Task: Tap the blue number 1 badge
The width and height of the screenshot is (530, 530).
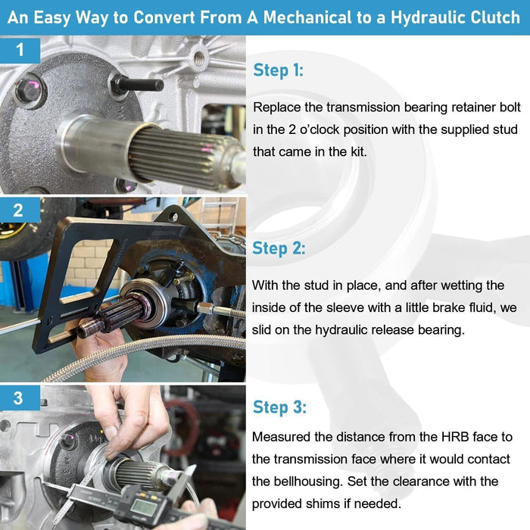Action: click(20, 50)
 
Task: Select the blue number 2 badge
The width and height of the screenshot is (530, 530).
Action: click(19, 210)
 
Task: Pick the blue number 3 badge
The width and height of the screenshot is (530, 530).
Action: click(19, 397)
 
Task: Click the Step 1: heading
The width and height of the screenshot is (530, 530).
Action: click(278, 70)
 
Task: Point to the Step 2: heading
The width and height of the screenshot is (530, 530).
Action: click(279, 248)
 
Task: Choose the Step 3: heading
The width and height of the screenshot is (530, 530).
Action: click(279, 407)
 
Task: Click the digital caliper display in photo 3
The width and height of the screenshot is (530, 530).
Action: click(144, 508)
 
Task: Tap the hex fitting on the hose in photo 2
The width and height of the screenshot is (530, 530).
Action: click(205, 308)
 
